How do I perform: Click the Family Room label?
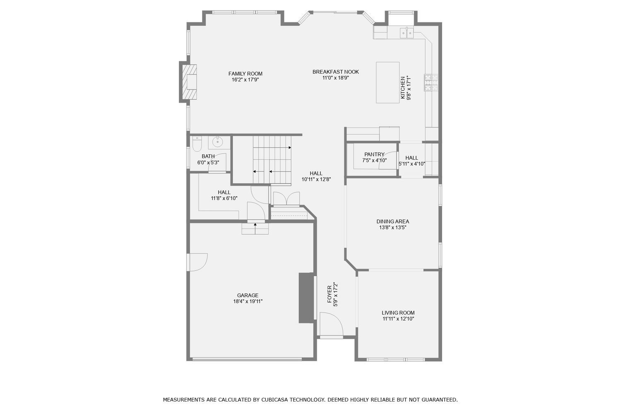point(246,74)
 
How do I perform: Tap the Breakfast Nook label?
point(335,72)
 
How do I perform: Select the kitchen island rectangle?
point(388,82)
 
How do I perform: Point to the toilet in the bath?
point(197,144)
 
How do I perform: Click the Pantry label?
point(374,154)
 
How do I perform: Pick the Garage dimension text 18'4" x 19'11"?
point(248,301)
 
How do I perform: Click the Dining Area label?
point(392,221)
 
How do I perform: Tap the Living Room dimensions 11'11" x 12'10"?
point(398,319)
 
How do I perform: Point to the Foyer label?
point(330,294)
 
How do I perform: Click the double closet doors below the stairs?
point(286,199)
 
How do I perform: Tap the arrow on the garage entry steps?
point(255,225)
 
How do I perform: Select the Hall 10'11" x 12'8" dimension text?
point(316,180)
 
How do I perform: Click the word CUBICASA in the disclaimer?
point(275,400)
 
